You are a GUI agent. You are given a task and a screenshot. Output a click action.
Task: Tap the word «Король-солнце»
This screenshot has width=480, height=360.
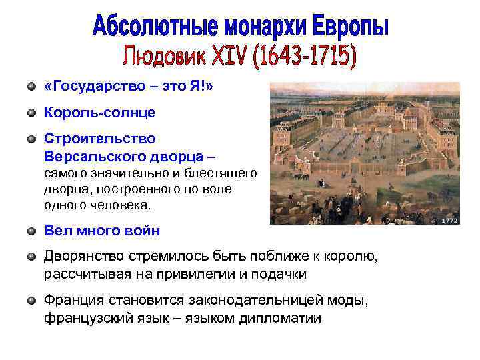pos(99,113)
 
